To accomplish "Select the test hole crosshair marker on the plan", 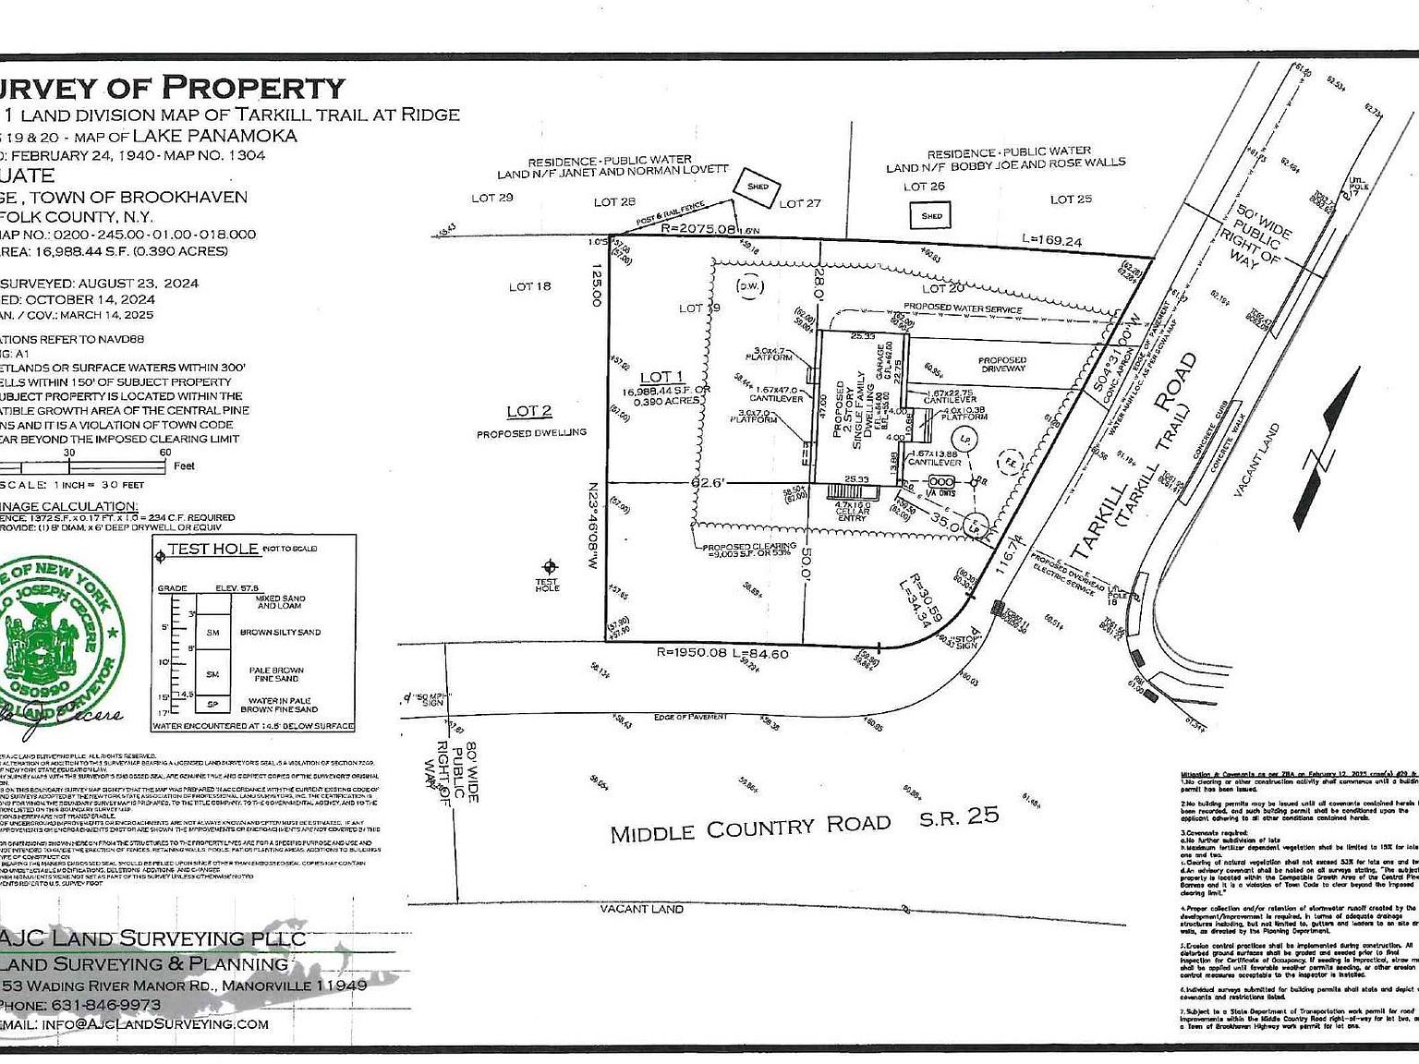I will pyautogui.click(x=552, y=566).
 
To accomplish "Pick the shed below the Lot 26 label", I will pyautogui.click(x=931, y=216).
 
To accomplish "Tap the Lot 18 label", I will pyautogui.click(x=529, y=286).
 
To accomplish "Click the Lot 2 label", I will pyautogui.click(x=529, y=411).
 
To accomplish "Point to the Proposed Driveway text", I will pyautogui.click(x=1002, y=364).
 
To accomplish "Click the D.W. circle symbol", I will pyautogui.click(x=747, y=285).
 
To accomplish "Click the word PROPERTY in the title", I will pyautogui.click(x=253, y=88).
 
